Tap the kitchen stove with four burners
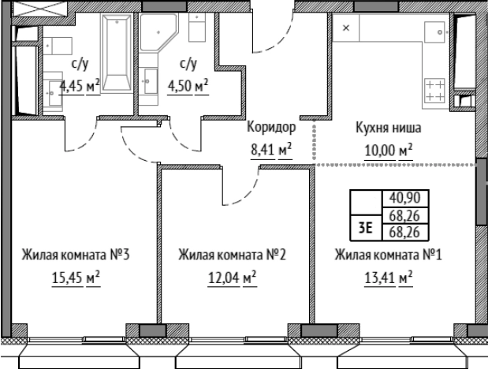[x=434, y=88]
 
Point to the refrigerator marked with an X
[x=347, y=27]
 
